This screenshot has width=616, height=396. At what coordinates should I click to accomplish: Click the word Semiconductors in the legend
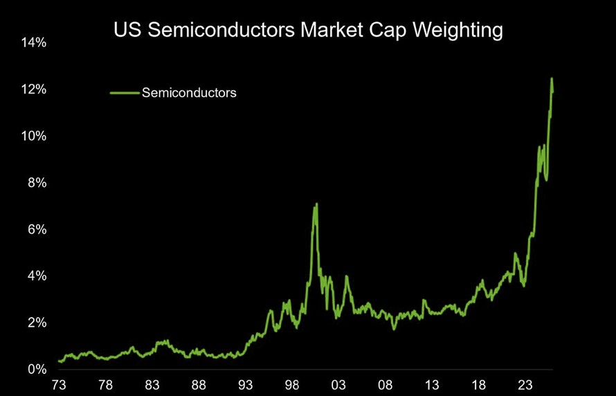(189, 92)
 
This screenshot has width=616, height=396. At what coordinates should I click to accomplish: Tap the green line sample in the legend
(125, 92)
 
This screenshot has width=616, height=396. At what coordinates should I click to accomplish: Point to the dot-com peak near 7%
(316, 204)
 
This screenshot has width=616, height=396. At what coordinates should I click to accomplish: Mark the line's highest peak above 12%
(552, 78)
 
